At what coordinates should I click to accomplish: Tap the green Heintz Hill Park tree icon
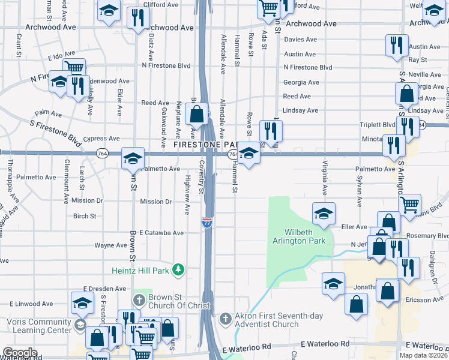tap(178, 271)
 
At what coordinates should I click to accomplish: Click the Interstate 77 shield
tap(207, 223)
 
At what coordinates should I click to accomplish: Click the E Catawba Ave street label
tap(161, 232)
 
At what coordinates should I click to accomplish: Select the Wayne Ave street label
tap(110, 245)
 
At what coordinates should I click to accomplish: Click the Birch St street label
tap(85, 216)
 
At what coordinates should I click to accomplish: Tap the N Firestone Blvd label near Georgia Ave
tap(308, 68)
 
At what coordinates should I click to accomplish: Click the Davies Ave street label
tap(300, 40)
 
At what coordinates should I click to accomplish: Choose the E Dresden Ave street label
tap(103, 288)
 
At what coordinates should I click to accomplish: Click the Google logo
tap(20, 353)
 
